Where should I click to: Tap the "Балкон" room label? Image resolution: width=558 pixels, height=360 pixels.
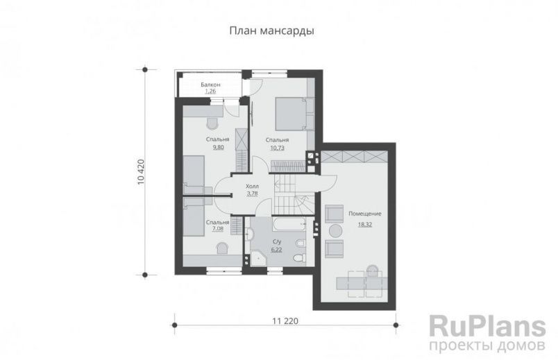(x=211, y=85)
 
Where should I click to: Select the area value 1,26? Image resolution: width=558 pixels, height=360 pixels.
(x=211, y=92)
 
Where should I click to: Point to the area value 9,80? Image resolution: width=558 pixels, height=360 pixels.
(x=219, y=148)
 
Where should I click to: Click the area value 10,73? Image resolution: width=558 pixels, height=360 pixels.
(x=278, y=148)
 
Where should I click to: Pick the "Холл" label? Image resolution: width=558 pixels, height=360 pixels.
(x=253, y=187)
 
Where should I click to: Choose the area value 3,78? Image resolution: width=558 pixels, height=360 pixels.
(x=253, y=194)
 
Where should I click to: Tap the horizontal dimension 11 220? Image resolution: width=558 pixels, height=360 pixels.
(x=285, y=321)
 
